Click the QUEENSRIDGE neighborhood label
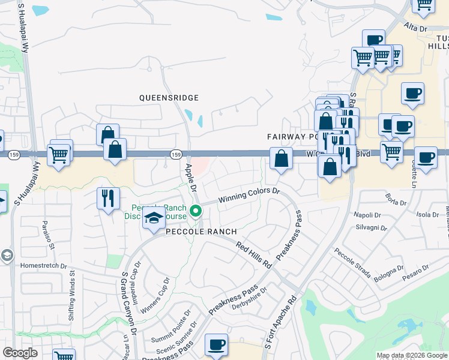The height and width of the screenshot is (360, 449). click(x=168, y=97)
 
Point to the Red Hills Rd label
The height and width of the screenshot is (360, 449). click(x=255, y=255)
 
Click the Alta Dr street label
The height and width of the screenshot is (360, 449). click(x=415, y=29)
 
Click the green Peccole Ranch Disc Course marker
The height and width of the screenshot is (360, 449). click(x=195, y=211)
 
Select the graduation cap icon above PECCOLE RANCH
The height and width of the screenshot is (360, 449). click(x=154, y=218)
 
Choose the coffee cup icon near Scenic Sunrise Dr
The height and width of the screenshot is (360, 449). click(x=217, y=346)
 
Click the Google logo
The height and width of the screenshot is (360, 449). click(x=20, y=353)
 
